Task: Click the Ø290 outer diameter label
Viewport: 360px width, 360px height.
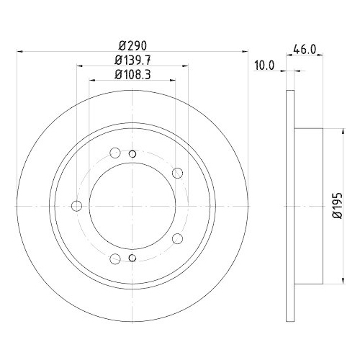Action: pyautogui.click(x=131, y=43)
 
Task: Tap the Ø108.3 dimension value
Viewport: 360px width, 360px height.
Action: pyautogui.click(x=131, y=74)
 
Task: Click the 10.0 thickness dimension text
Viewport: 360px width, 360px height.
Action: pyautogui.click(x=265, y=65)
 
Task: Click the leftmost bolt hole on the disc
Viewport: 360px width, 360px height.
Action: pyautogui.click(x=78, y=207)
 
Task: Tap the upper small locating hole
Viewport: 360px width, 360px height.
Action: pyautogui.click(x=131, y=153)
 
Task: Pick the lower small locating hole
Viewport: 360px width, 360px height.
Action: pyautogui.click(x=131, y=259)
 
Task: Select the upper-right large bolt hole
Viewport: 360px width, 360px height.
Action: pyautogui.click(x=177, y=172)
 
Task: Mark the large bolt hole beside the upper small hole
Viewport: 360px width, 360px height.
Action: pyautogui.click(x=115, y=153)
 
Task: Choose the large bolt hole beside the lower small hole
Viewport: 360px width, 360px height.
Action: pyautogui.click(x=115, y=260)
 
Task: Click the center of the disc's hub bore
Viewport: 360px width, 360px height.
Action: pyautogui.click(x=131, y=207)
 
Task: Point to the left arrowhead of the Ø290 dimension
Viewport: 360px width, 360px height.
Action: pyautogui.click(x=18, y=51)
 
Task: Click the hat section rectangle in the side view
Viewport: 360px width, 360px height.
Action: pyautogui.click(x=310, y=207)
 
